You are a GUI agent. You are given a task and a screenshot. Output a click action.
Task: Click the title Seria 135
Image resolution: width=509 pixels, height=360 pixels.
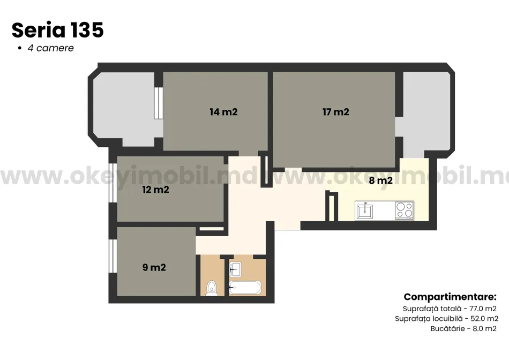pos(58,30)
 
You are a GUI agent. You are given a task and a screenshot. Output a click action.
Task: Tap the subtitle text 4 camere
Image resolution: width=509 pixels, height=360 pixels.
pos(51,48)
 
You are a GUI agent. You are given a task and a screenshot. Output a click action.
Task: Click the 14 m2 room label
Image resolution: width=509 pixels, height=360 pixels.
pos(223,112)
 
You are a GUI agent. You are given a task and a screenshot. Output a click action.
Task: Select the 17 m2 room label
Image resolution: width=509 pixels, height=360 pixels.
pos(335,112)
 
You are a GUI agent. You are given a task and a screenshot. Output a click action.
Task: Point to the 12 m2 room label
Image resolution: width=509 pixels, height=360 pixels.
pos(155,190)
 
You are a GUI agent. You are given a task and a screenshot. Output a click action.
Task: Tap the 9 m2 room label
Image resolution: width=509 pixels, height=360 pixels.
pos(154,267)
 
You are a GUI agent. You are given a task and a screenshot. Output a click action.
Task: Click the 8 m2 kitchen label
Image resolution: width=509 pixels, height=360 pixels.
pos(380,180)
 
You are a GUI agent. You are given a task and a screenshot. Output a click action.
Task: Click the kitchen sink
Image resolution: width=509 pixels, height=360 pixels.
pos(365,211)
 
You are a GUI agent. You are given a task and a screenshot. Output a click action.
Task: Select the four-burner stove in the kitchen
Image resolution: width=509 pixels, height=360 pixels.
pos(404,210)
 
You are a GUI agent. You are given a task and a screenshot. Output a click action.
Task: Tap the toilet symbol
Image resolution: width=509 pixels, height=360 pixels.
pos(212,288)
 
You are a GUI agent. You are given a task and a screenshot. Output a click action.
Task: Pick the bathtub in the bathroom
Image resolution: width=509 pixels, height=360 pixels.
pos(245,288)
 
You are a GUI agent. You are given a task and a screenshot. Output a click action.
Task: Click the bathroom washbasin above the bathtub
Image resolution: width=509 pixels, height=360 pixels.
pos(235,270)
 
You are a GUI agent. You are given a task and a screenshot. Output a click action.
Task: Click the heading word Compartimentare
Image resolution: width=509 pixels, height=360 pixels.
pos(450,297)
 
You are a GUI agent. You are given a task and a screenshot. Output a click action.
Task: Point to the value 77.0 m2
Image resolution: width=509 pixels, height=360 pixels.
pos(483,309)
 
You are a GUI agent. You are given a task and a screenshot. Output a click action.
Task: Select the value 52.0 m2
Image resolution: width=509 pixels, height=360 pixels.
pos(484,319)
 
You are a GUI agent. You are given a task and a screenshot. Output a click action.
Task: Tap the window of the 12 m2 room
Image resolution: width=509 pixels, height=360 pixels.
pos(111,183)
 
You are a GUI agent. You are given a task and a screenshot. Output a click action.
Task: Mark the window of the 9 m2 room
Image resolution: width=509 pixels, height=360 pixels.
pos(111,256)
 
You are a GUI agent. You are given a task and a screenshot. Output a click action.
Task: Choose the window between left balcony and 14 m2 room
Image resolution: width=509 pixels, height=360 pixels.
pos(159,103)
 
